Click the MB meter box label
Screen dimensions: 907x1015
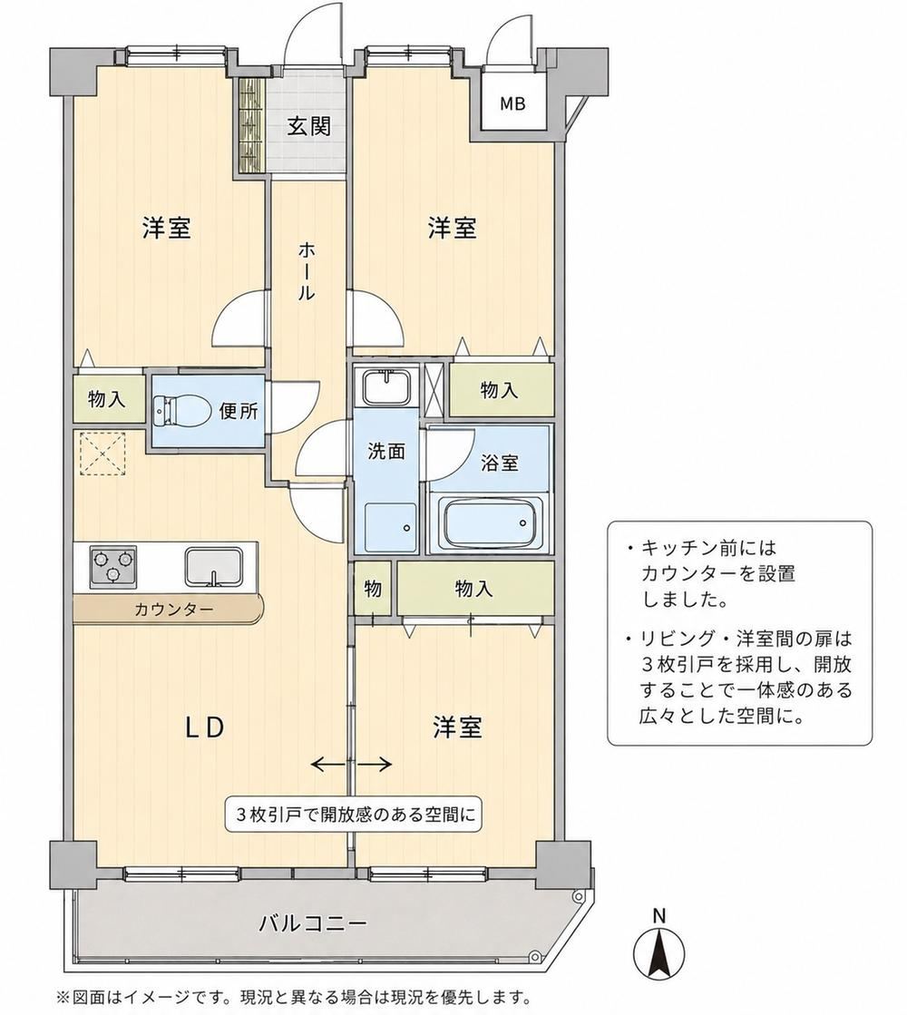pyautogui.click(x=512, y=102)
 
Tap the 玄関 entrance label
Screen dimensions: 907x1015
pyautogui.click(x=308, y=125)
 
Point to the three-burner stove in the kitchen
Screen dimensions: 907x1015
pyautogui.click(x=113, y=565)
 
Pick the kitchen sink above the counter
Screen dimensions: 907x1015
pyautogui.click(x=214, y=566)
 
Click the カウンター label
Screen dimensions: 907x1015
pyautogui.click(x=173, y=610)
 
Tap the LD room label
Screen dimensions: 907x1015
pyautogui.click(x=205, y=727)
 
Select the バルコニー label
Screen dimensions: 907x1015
pyautogui.click(x=312, y=922)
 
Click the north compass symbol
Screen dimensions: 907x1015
pyautogui.click(x=658, y=946)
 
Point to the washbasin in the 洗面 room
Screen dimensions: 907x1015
pyautogui.click(x=386, y=386)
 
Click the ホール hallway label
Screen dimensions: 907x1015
pyautogui.click(x=306, y=271)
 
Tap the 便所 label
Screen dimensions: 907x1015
pyautogui.click(x=239, y=411)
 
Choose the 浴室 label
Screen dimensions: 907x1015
pyautogui.click(x=499, y=463)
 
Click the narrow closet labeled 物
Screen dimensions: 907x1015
pyautogui.click(x=373, y=589)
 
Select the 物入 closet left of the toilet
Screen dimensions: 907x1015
pyautogui.click(x=107, y=399)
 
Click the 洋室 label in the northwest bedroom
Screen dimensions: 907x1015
pyautogui.click(x=166, y=228)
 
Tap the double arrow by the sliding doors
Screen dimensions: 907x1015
pyautogui.click(x=352, y=765)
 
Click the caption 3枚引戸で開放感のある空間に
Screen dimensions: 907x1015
pyautogui.click(x=354, y=815)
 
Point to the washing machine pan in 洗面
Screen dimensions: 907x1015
pyautogui.click(x=390, y=526)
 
